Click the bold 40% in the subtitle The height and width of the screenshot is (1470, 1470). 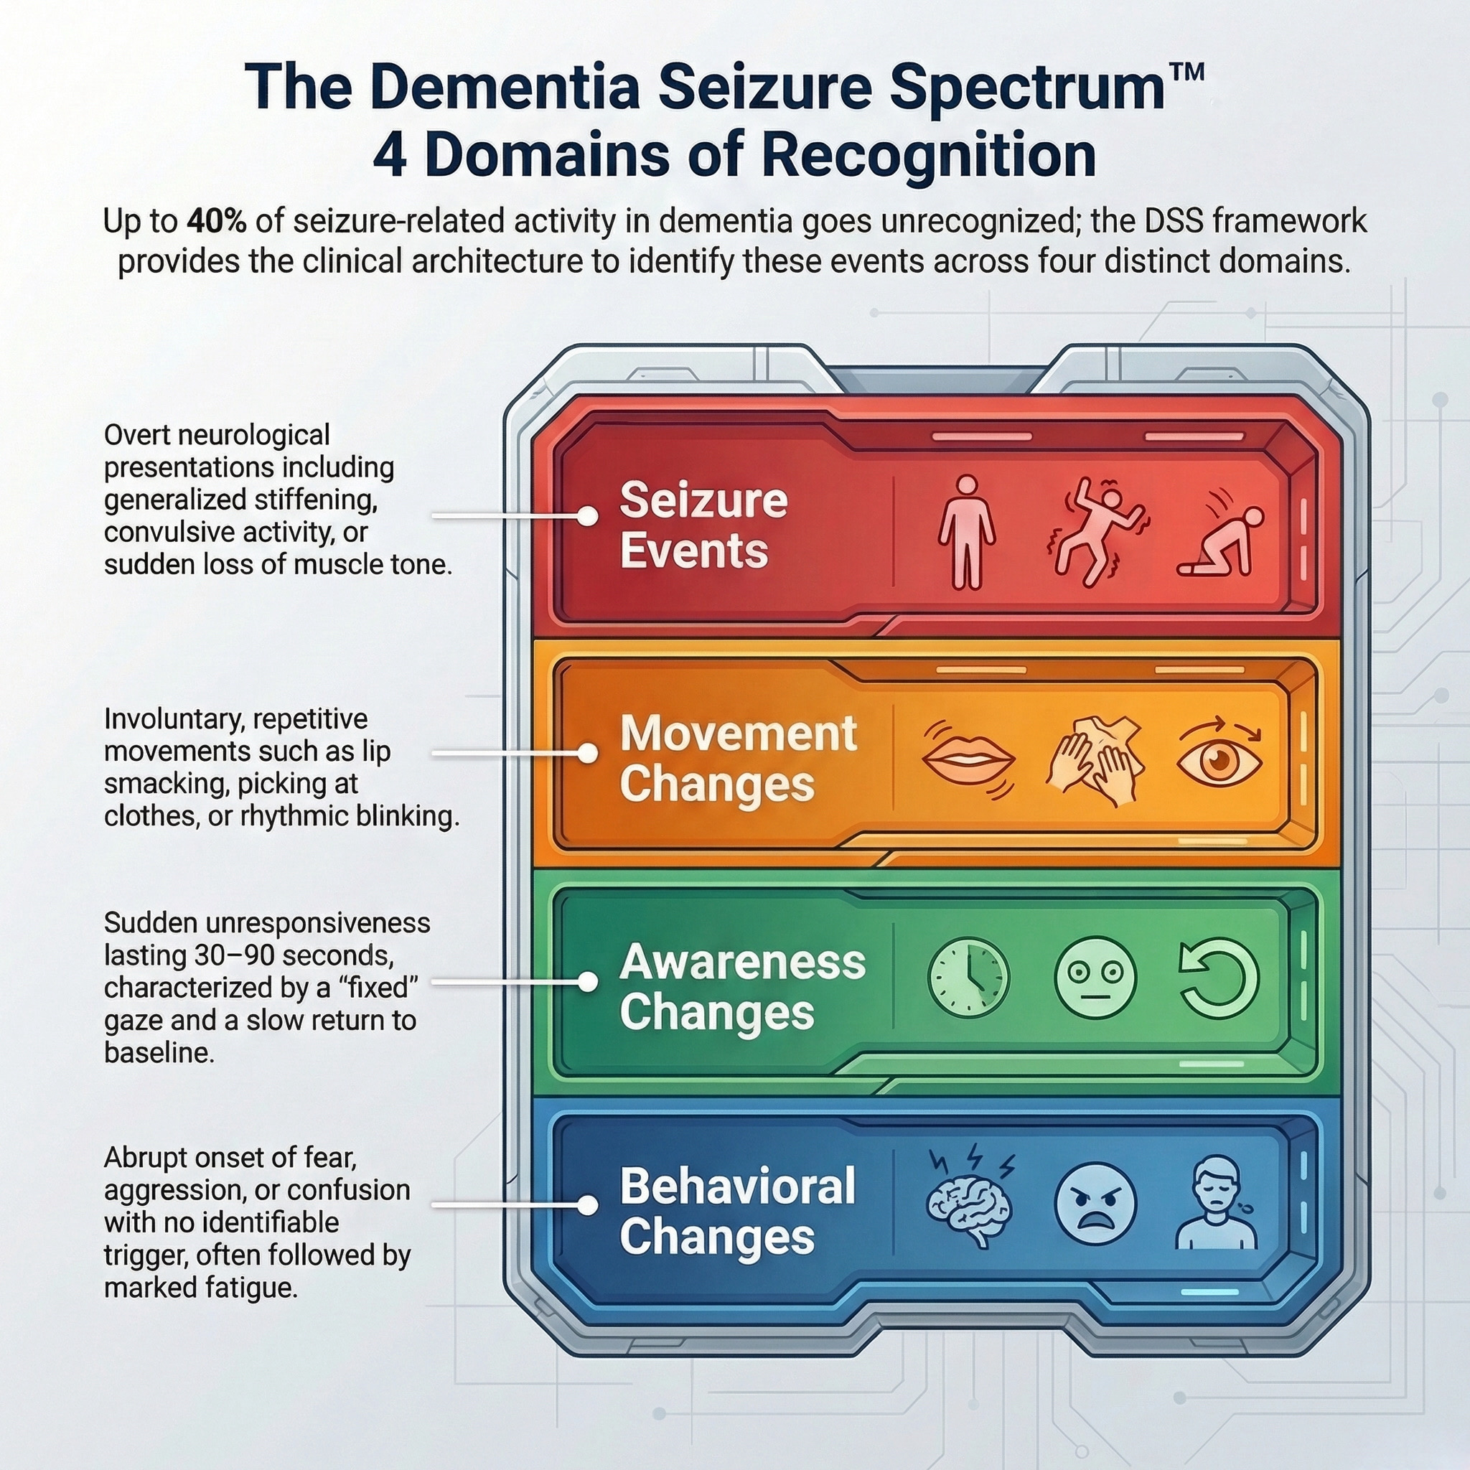tap(216, 221)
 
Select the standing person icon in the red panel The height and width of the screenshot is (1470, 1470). tap(966, 532)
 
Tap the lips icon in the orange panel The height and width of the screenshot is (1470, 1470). tap(968, 759)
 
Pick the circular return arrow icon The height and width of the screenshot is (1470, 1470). tap(1219, 978)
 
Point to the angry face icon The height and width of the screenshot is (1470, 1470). tap(1095, 1204)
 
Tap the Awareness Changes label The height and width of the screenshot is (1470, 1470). tap(743, 987)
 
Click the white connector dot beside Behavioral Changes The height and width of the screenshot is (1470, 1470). tap(587, 1205)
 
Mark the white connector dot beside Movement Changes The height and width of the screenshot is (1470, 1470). tap(587, 753)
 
